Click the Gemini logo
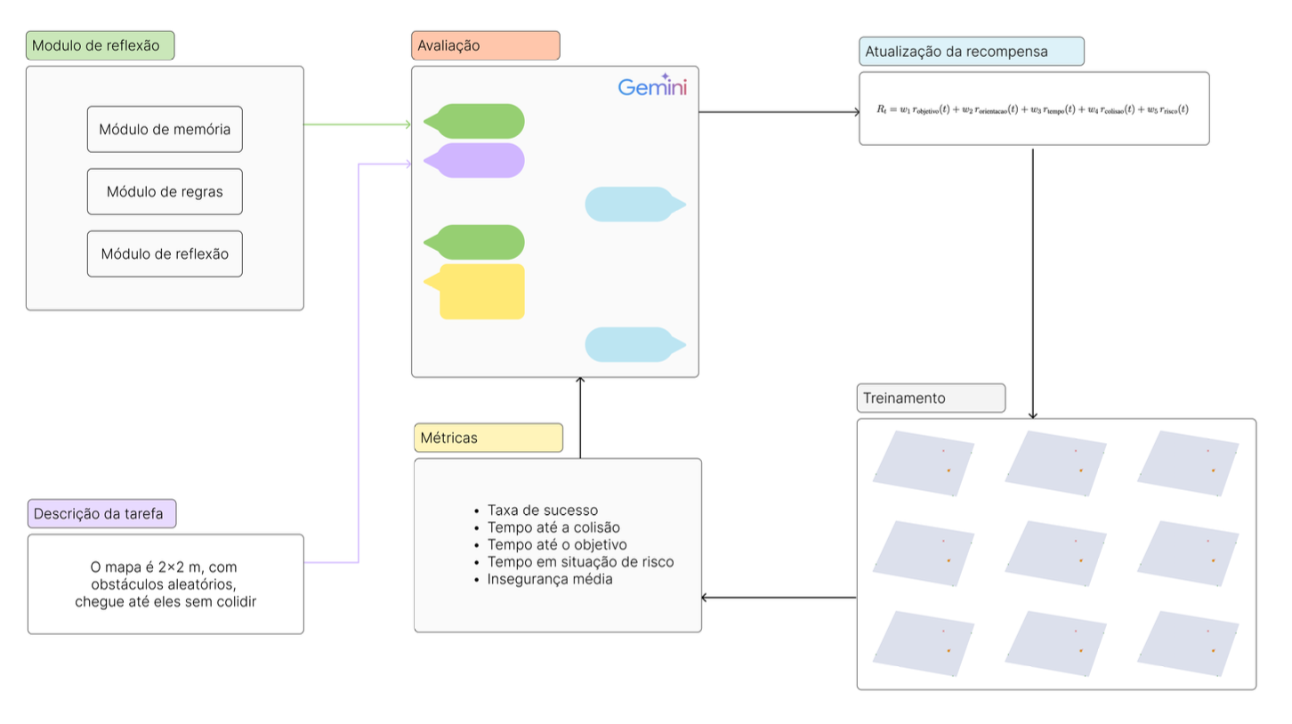[652, 87]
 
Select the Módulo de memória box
[165, 129]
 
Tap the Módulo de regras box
[165, 191]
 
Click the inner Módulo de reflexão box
[165, 253]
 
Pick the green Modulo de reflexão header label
[100, 46]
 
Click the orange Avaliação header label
[485, 45]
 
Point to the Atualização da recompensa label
[971, 52]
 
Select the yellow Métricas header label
[488, 438]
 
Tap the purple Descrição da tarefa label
[101, 514]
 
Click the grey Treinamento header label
[930, 398]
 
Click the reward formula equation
[1033, 109]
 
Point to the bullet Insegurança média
[549, 579]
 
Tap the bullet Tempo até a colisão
[553, 527]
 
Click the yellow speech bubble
[480, 291]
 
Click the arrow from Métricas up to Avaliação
[580, 418]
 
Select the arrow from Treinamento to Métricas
[779, 597]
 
